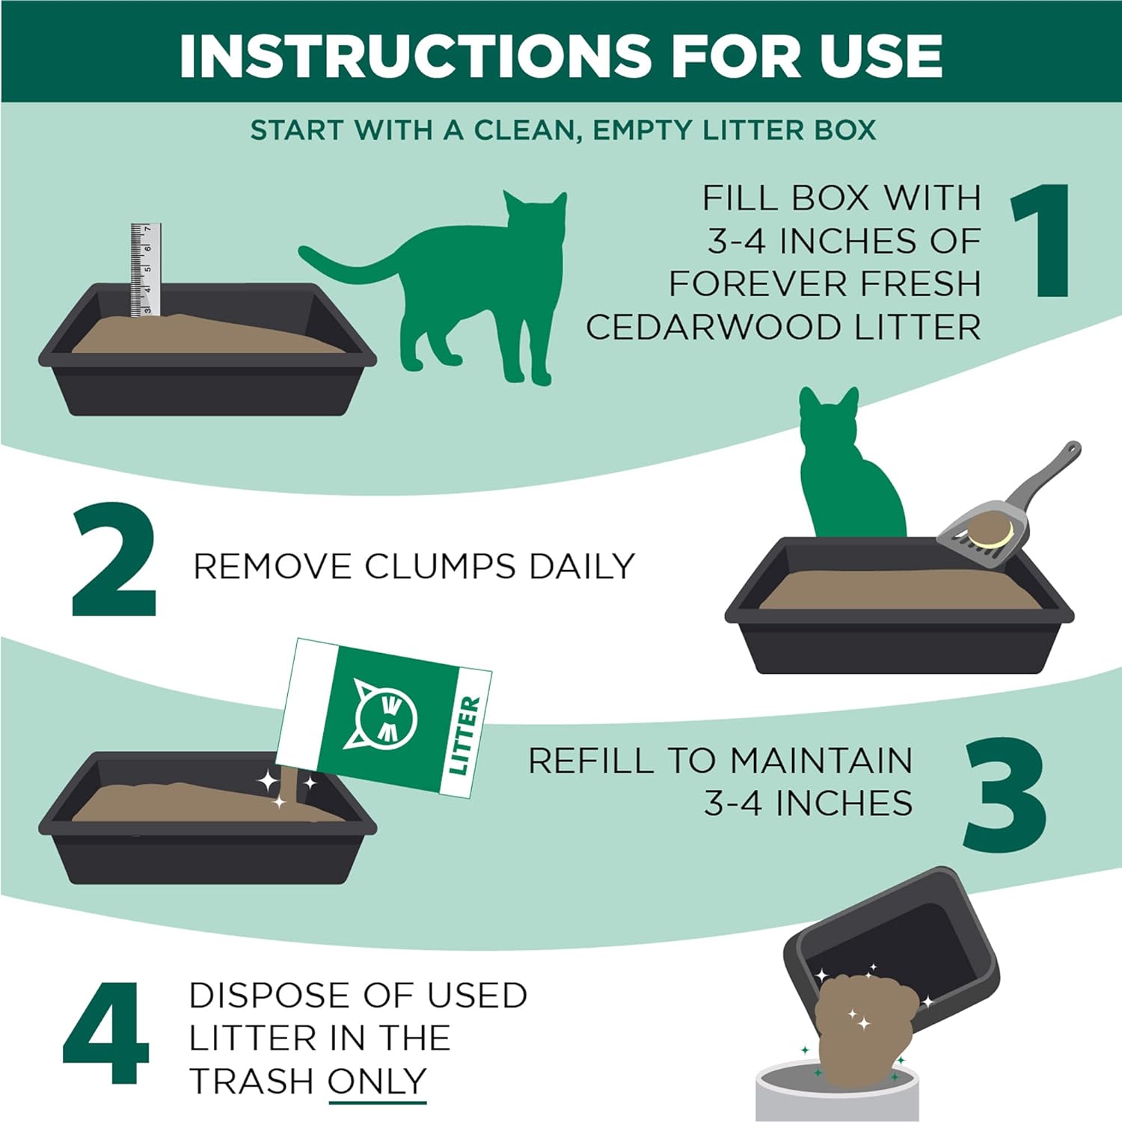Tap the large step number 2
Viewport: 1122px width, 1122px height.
click(114, 560)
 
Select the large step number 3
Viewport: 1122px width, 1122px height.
click(1005, 794)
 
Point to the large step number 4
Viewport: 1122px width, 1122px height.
click(105, 1034)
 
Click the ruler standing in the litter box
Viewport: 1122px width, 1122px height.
click(146, 269)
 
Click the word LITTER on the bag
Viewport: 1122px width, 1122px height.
click(464, 735)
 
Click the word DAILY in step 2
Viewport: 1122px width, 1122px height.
click(581, 566)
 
